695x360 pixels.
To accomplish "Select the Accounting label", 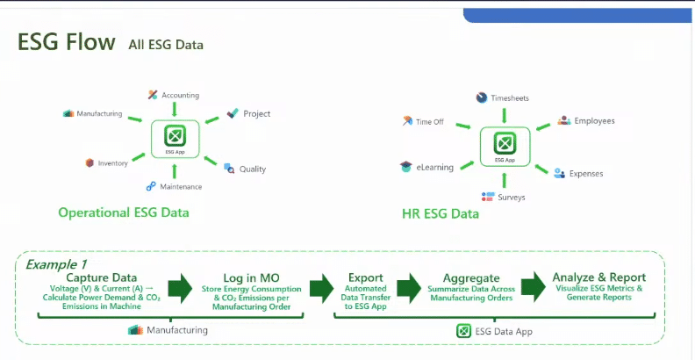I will pos(180,95).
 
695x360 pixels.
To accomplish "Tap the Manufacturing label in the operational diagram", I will pos(98,113).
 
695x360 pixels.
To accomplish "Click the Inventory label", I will pos(112,162).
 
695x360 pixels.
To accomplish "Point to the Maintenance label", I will pos(180,186).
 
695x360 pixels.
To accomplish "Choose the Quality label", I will pos(251,169).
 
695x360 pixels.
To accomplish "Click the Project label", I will pos(256,113).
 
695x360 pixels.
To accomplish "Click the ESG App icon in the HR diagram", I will pos(505,145).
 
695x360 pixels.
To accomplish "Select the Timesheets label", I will pos(509,98).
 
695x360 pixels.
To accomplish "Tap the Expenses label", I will pos(585,174).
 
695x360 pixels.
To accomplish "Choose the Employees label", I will pos(593,120).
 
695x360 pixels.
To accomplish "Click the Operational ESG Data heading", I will pos(123,212).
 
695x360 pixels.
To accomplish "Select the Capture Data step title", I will pos(101,277).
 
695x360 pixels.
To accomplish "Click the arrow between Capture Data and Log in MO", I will pos(180,288).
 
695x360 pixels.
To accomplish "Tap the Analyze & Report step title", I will pos(600,277).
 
